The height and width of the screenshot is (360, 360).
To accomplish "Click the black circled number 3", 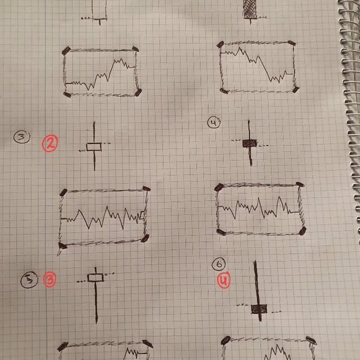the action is click(x=22, y=137).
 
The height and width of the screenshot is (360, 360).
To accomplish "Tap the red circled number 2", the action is click(x=50, y=143).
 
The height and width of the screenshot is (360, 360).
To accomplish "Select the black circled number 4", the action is click(x=214, y=123).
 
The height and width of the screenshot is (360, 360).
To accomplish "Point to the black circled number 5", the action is click(x=29, y=280).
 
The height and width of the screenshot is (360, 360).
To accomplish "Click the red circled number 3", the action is click(x=50, y=280).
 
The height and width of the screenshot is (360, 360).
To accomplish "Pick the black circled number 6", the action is click(x=219, y=264).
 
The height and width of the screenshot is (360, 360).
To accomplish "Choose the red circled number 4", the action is click(x=224, y=280).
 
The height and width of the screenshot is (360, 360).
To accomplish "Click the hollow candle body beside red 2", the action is click(x=94, y=147).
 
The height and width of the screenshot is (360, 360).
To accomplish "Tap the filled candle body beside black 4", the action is click(x=250, y=143).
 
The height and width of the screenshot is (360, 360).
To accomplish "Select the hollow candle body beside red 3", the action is click(x=96, y=277).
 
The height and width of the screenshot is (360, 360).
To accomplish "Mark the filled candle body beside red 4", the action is click(x=259, y=309).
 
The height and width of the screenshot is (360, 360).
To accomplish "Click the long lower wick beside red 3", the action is click(x=96, y=303).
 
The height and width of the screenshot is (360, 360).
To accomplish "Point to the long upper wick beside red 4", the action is click(x=256, y=282).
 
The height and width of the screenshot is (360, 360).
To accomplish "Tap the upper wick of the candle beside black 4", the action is click(x=249, y=130).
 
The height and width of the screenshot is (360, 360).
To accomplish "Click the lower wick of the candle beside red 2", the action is click(x=94, y=161).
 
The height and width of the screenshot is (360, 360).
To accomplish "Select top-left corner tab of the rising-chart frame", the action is click(x=66, y=51).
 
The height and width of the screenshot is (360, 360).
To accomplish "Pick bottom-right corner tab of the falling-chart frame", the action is click(x=296, y=89).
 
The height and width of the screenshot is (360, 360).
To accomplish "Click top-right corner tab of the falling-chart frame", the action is click(x=291, y=43).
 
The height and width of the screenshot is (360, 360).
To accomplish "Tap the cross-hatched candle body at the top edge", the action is click(x=250, y=9).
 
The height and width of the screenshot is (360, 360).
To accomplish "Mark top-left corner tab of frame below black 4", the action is click(x=219, y=187).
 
